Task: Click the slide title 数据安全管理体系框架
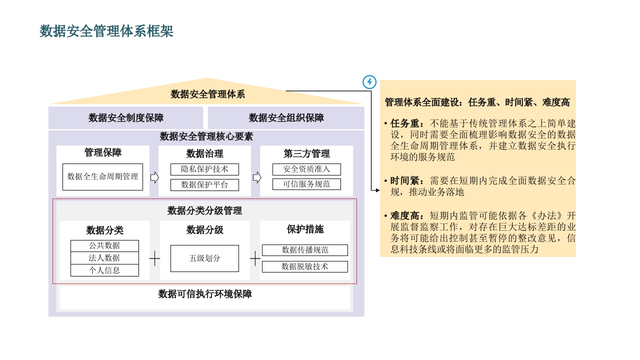point(106,31)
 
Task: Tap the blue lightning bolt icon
point(369,82)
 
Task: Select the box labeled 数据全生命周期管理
point(102,177)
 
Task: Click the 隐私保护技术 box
point(204,169)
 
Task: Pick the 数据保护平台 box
point(204,185)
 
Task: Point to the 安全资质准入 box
point(306,169)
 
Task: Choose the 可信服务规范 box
point(306,184)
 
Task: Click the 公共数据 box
point(104,245)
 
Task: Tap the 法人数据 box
point(104,258)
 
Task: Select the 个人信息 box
point(104,270)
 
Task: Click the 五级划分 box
point(204,258)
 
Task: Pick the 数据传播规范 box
point(305,250)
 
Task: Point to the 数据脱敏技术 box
point(305,266)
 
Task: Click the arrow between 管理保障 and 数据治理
point(154,177)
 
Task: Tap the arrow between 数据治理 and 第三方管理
point(257,177)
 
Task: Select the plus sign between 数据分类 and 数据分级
point(154,258)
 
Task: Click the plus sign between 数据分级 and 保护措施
point(255,258)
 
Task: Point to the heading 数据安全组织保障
point(286,117)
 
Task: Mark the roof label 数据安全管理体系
point(207,94)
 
